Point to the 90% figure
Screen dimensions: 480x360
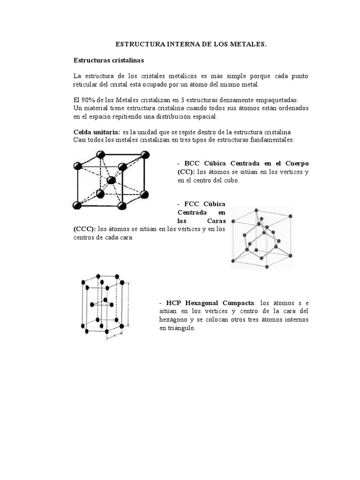87,100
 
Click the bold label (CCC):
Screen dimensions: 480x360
84,229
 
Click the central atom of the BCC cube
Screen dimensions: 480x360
111,180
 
